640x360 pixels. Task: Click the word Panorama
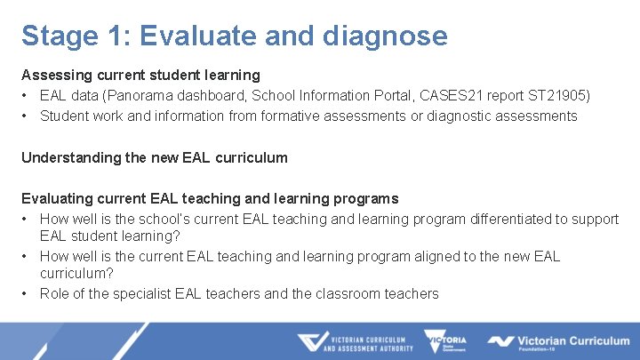[x=141, y=95]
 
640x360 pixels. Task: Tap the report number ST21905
[x=557, y=95]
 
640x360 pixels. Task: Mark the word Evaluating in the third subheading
[x=56, y=198]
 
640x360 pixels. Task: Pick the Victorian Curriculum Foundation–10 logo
[x=558, y=342]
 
